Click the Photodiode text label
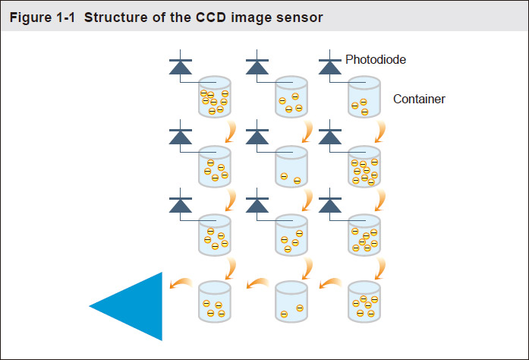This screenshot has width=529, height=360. (375, 59)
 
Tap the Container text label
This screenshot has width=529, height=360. (419, 99)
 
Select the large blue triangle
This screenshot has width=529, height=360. (134, 306)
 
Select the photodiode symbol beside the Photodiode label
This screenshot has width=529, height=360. (330, 65)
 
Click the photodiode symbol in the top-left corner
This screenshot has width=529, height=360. (181, 65)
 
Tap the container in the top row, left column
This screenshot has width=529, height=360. (214, 97)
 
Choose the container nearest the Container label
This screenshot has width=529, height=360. (364, 97)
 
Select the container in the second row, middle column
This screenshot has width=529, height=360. (289, 167)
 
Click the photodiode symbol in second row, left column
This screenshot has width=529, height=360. (181, 135)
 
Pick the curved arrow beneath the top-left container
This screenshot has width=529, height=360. (229, 134)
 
